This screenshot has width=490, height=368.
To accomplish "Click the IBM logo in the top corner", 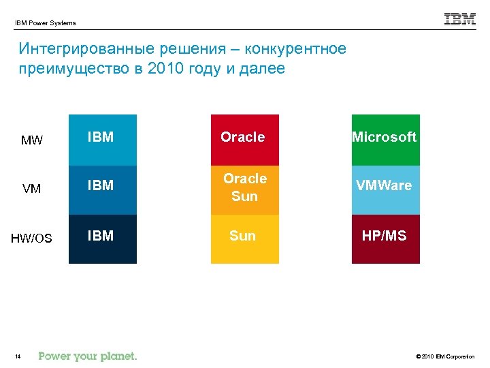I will [459, 19].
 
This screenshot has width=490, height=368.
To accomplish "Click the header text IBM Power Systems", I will [46, 23].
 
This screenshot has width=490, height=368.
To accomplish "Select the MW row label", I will [32, 141].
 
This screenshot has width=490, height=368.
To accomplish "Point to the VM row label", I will [32, 189].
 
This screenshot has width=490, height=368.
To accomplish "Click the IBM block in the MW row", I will [103, 139].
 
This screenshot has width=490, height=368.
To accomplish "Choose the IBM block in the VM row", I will [103, 189].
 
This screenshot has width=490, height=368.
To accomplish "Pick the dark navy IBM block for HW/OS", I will [103, 239].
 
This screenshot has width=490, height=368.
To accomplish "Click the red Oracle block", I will [244, 139].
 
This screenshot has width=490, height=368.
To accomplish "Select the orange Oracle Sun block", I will [244, 189].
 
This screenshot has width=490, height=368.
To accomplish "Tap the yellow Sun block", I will [244, 239].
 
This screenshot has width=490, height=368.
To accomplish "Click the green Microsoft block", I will [385, 139].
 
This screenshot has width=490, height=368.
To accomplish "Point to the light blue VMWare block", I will [385, 189].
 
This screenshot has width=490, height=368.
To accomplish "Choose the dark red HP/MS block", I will [385, 239].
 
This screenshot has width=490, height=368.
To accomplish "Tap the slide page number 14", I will [18, 356].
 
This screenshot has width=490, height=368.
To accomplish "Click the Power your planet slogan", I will [88, 356].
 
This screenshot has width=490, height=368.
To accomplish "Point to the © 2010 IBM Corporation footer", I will [443, 356].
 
